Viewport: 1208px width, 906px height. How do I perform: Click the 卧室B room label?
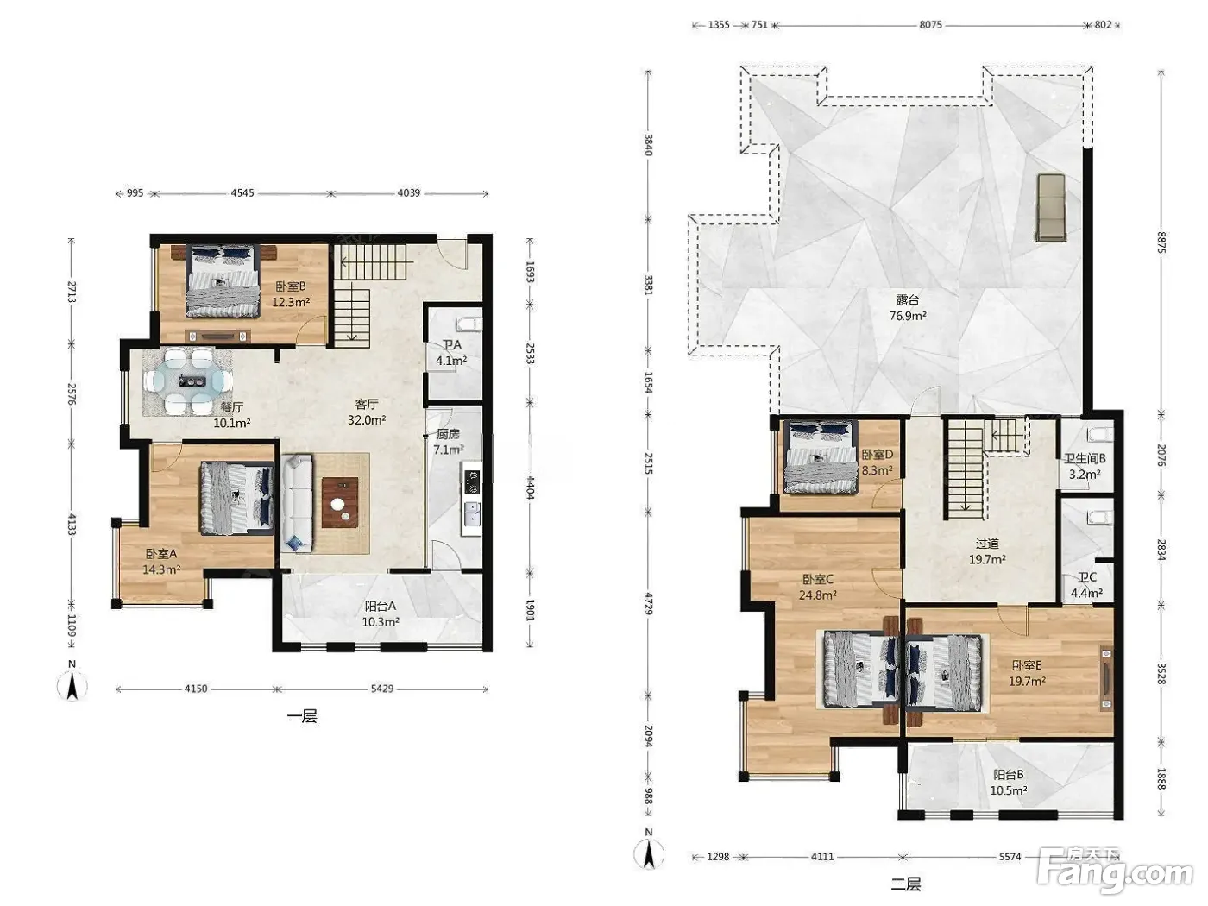click(290, 286)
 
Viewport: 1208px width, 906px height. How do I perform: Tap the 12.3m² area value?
click(291, 302)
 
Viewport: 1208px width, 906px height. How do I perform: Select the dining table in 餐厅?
click(187, 381)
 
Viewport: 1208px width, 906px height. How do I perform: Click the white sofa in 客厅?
click(297, 503)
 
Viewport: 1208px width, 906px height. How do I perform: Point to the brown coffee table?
click(340, 503)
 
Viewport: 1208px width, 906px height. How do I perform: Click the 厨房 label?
click(448, 434)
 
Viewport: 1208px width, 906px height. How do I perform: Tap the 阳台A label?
click(381, 607)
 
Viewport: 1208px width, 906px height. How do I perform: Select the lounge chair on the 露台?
click(1051, 207)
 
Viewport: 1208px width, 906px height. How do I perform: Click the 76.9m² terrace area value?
click(908, 316)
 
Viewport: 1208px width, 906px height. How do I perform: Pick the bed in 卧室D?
click(821, 456)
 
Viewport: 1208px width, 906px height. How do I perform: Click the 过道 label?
click(987, 544)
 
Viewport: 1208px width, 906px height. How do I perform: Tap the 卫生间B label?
click(1084, 458)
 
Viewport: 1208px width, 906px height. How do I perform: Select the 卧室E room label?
click(1027, 665)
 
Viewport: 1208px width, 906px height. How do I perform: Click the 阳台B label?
click(1008, 775)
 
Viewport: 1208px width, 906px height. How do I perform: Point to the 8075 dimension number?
click(930, 25)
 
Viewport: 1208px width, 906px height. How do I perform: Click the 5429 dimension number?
click(382, 689)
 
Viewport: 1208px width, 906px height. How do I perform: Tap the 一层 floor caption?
click(302, 716)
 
